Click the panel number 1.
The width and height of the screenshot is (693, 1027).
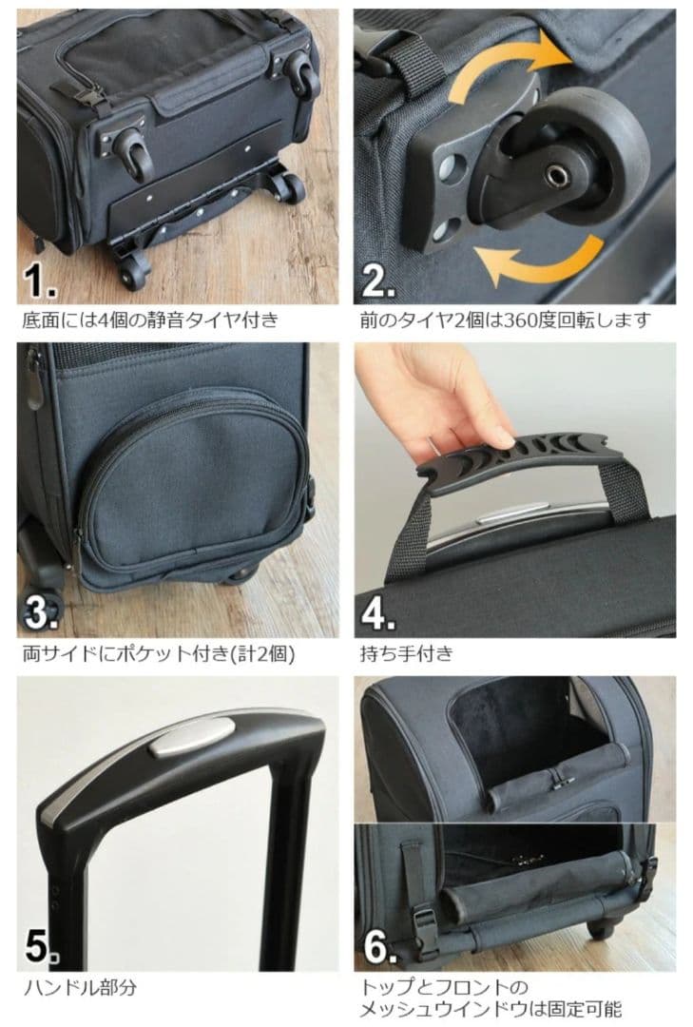40,281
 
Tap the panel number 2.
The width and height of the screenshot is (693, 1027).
377,281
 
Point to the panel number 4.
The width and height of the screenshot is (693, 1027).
378,613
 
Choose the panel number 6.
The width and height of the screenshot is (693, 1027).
378,946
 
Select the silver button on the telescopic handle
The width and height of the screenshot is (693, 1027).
191,738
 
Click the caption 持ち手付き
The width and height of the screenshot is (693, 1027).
407,654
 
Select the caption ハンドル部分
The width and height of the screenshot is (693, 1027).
80,987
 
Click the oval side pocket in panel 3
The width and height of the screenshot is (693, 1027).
190,485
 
